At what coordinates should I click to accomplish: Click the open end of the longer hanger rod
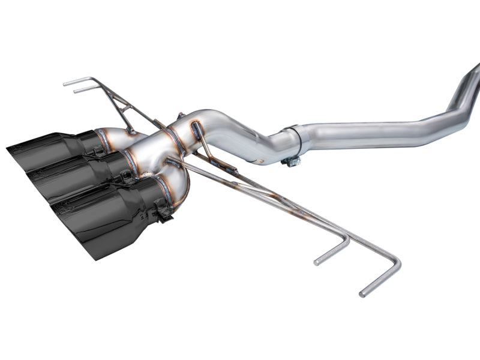[362, 294]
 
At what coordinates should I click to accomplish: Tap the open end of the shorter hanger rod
[317, 262]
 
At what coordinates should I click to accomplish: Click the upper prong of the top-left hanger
[66, 82]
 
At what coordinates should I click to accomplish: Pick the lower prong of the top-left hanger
[76, 91]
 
